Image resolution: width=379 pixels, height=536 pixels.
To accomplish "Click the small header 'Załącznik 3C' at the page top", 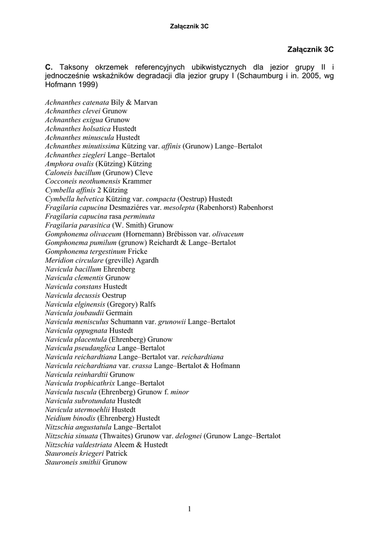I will [189, 26].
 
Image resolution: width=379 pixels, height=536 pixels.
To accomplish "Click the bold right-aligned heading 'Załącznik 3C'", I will [310, 49].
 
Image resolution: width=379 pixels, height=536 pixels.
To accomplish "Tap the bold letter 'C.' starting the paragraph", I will [49, 67].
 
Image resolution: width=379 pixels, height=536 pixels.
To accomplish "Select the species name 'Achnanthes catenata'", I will [77, 103].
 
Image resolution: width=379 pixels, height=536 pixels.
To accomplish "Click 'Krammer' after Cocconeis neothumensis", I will [137, 181].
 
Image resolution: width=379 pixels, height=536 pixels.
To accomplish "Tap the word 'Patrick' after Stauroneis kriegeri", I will [116, 453].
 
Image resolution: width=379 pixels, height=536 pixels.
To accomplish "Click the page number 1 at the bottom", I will [189, 509].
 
